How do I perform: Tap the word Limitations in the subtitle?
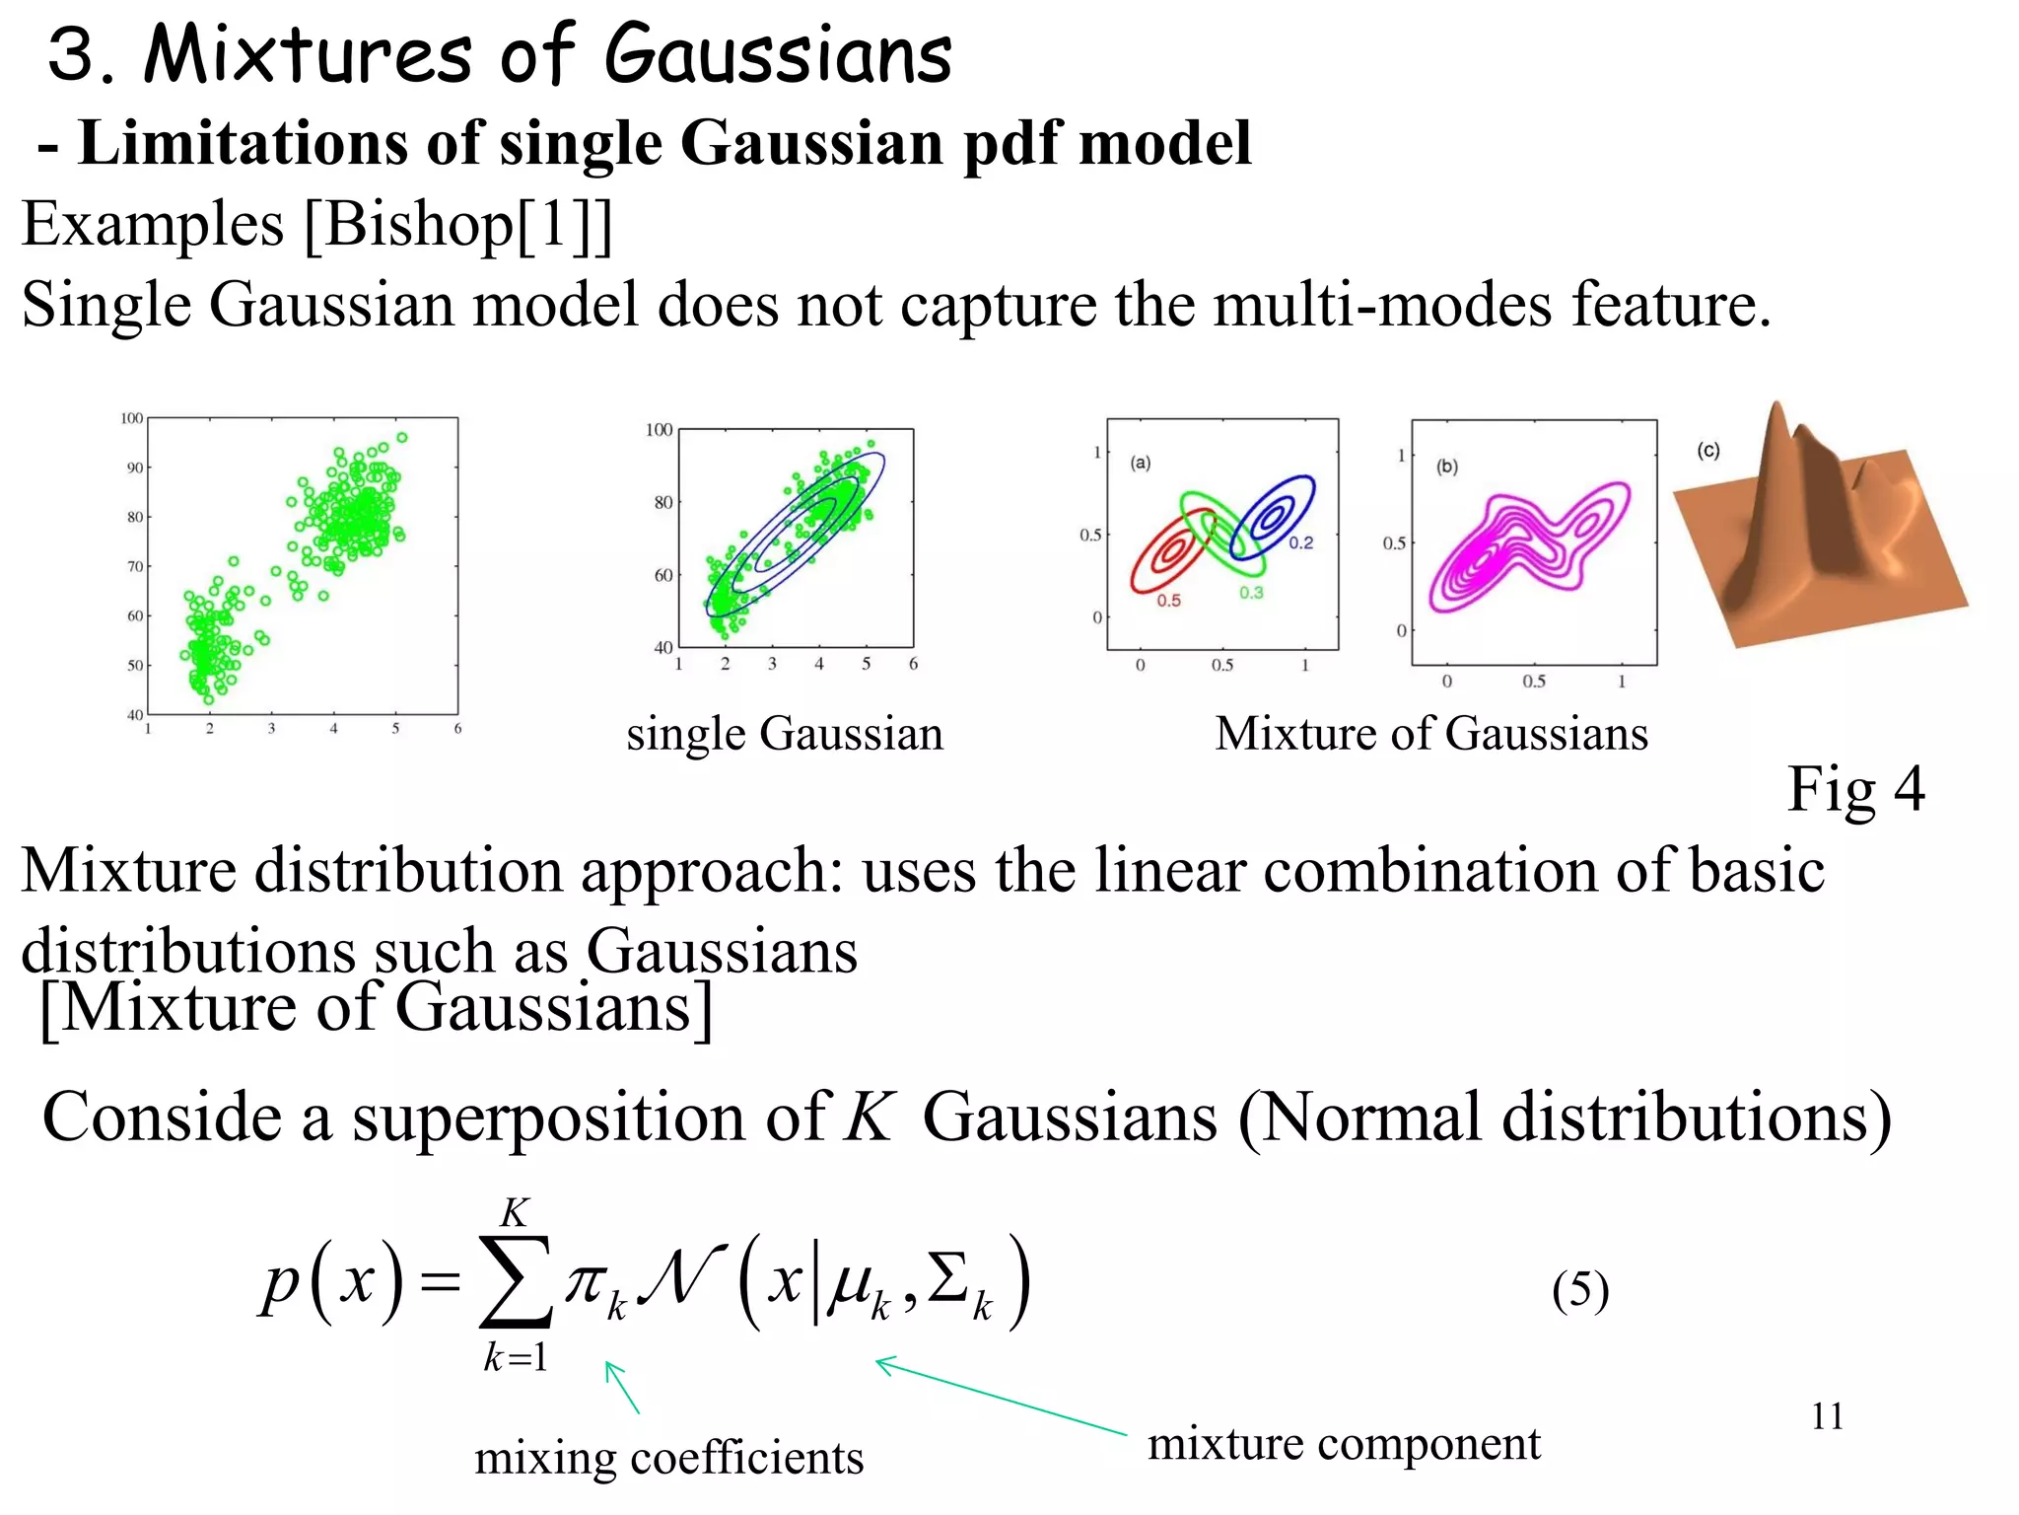click(x=241, y=144)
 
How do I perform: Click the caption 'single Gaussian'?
click(x=785, y=735)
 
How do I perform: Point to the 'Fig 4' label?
click(x=1855, y=790)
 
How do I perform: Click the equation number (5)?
click(x=1579, y=1290)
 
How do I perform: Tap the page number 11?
click(x=1827, y=1417)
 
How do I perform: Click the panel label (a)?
click(x=1141, y=463)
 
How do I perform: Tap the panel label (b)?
click(x=1446, y=467)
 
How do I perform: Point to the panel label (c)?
click(x=1708, y=451)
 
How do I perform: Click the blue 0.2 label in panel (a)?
click(x=1301, y=542)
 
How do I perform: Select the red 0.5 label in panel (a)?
click(x=1168, y=600)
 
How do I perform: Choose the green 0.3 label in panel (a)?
click(x=1251, y=593)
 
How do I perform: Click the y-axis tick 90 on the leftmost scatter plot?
click(x=134, y=468)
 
